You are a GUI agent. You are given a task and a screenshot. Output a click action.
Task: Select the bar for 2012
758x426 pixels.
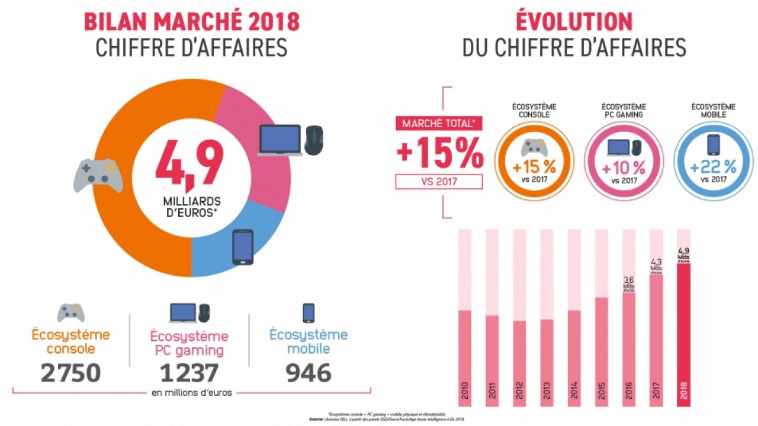[519, 361]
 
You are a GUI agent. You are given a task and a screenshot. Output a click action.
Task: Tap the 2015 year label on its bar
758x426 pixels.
[600, 394]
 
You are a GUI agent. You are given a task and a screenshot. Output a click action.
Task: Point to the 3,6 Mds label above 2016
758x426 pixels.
[629, 283]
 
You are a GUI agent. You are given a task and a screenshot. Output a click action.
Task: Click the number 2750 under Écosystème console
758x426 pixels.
[70, 373]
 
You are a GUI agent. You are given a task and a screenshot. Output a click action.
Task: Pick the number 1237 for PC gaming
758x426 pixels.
[189, 373]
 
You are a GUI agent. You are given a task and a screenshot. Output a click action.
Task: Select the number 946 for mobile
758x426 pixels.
[308, 373]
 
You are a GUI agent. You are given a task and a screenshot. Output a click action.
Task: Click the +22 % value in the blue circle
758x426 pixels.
[713, 167]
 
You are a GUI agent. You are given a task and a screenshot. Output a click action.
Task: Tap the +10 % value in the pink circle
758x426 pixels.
[623, 167]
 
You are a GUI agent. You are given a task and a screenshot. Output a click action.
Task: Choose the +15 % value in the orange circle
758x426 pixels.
[534, 167]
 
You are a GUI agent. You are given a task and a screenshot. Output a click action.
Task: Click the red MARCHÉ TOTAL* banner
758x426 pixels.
[438, 124]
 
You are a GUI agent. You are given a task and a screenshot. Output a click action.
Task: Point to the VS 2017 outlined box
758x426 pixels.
[438, 181]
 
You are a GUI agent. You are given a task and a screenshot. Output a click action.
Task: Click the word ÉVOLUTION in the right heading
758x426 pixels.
[574, 21]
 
